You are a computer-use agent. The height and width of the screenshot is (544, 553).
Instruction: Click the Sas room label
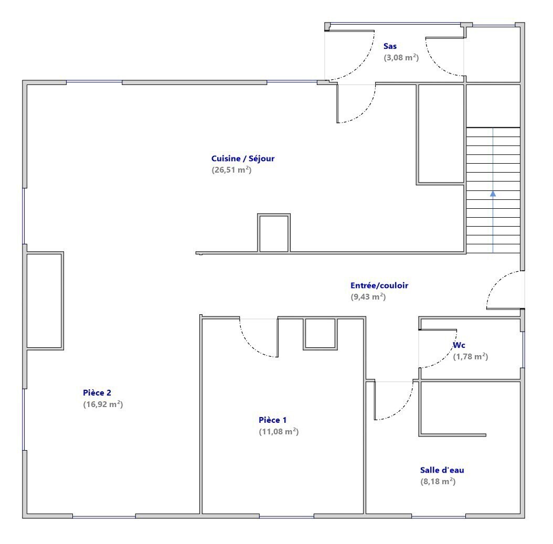[x=390, y=46]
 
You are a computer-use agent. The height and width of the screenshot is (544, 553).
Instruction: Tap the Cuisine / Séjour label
[x=242, y=158]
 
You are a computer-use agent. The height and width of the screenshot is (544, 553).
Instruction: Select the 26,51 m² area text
[x=231, y=170]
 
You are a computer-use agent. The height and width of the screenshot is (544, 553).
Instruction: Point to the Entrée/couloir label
[x=379, y=285]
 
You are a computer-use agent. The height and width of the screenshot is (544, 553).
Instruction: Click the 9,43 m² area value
[x=368, y=297]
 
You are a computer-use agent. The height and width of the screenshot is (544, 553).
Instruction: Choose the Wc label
[x=459, y=345]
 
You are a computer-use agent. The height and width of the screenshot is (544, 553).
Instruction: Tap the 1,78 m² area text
[x=471, y=356]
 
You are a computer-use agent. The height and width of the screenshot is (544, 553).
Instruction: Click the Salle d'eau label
[x=442, y=470]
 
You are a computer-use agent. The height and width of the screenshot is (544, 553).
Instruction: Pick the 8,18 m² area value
[x=438, y=481]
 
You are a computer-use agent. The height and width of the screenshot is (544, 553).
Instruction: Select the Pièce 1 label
[x=273, y=420]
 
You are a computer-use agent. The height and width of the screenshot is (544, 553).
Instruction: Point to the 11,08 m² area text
[x=279, y=432]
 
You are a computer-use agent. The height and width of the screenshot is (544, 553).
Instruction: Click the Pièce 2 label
[x=97, y=393]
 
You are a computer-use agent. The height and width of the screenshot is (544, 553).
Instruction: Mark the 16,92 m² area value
[x=103, y=404]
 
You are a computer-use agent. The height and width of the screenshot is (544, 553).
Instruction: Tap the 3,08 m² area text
[x=401, y=58]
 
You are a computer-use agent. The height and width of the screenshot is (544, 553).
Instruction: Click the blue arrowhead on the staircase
[x=493, y=194]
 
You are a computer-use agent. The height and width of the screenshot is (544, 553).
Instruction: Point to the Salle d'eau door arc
[x=402, y=409]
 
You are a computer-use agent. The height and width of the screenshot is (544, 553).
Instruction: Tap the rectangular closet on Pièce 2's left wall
[x=45, y=301]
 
